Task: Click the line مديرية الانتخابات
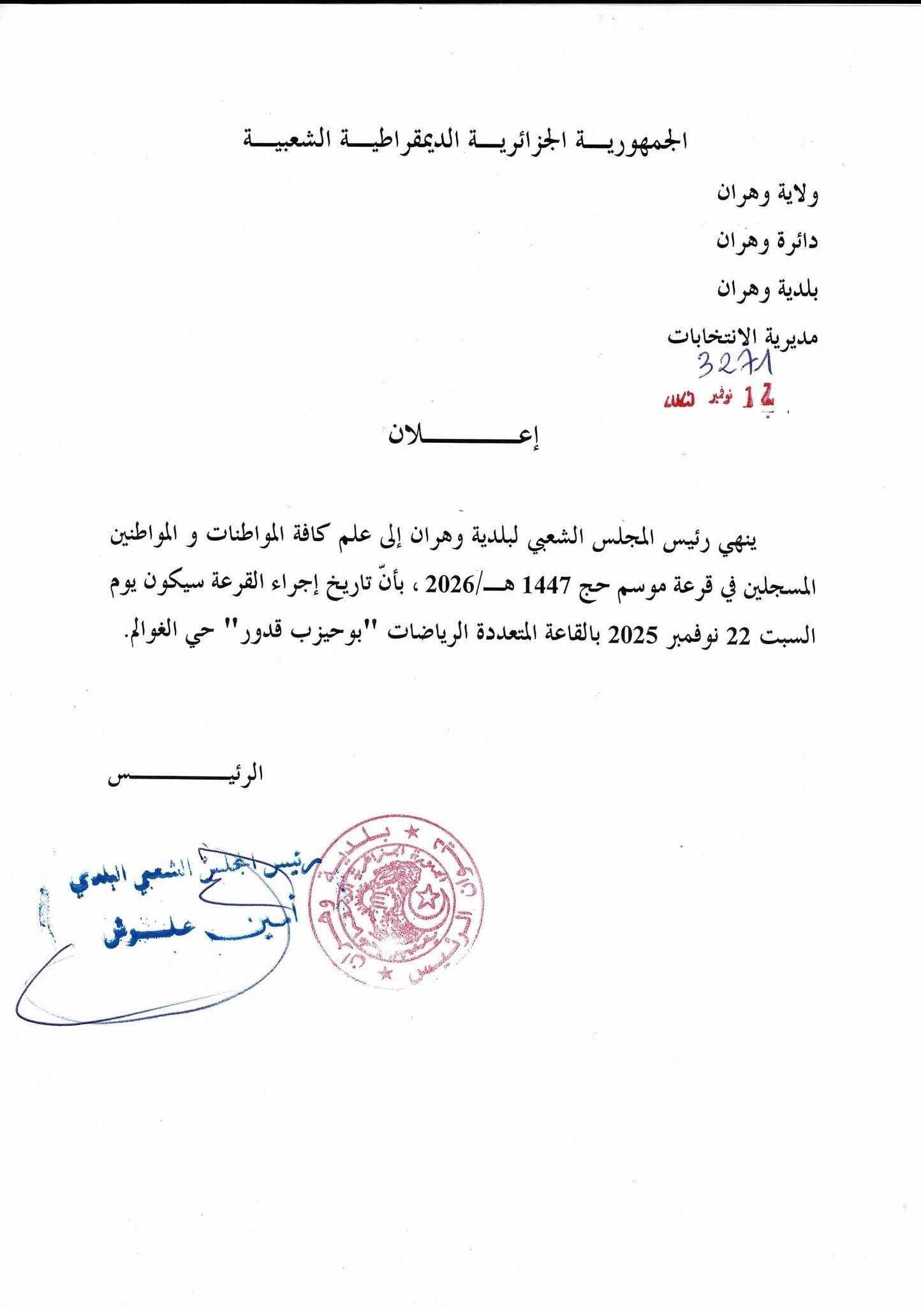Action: point(742,336)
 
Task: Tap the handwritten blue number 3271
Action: point(735,365)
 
